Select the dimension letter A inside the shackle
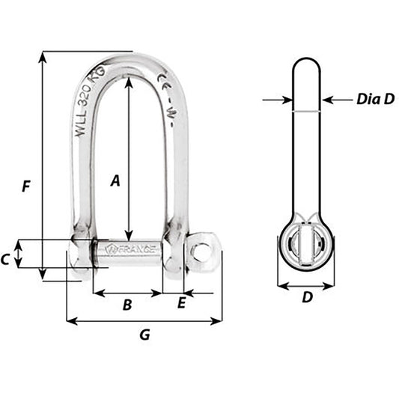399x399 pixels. click(115, 180)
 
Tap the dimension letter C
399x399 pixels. click(6, 259)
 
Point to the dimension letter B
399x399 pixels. click(127, 305)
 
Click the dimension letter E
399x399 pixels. click(180, 303)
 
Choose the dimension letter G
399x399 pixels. click(144, 335)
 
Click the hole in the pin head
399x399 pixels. click(200, 252)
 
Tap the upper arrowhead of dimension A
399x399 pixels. click(130, 82)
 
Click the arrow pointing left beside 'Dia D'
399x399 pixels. click(330, 98)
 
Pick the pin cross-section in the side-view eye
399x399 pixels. click(306, 247)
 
